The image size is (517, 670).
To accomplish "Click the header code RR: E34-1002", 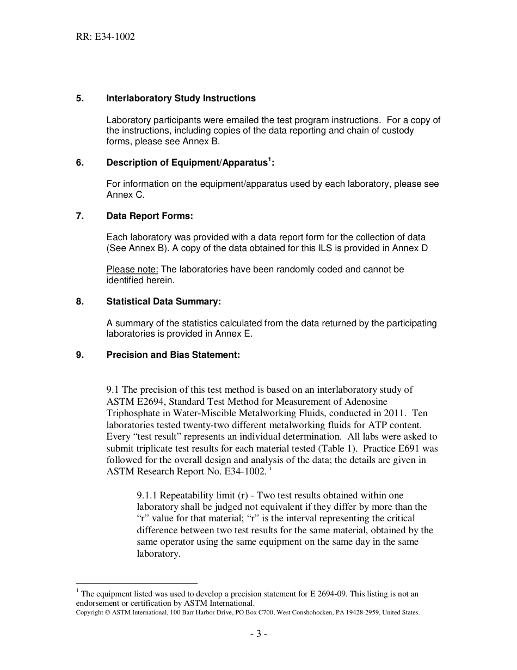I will click(x=106, y=37).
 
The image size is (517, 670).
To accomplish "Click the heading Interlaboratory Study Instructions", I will click(x=181, y=99).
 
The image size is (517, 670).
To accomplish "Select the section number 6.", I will click(x=79, y=163).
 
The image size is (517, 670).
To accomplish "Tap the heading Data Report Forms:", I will click(x=150, y=216).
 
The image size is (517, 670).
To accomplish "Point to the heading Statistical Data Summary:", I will click(x=163, y=301).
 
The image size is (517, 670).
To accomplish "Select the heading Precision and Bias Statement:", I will click(x=173, y=355).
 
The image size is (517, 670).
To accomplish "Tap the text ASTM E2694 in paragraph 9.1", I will click(x=132, y=401).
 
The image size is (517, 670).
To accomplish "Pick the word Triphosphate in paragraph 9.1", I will click(x=132, y=413).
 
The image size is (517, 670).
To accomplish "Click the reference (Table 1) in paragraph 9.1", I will click(x=336, y=448).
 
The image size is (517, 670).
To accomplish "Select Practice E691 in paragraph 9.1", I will click(x=400, y=448).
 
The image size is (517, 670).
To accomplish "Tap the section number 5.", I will click(x=79, y=99).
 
